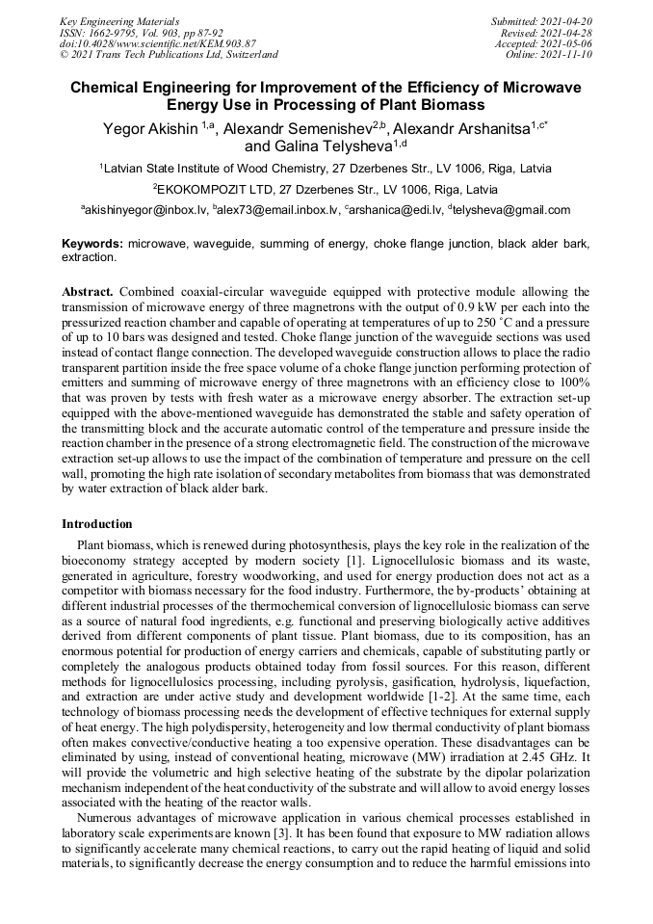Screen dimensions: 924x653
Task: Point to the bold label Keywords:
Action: [92, 245]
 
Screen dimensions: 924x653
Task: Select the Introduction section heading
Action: [97, 524]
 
